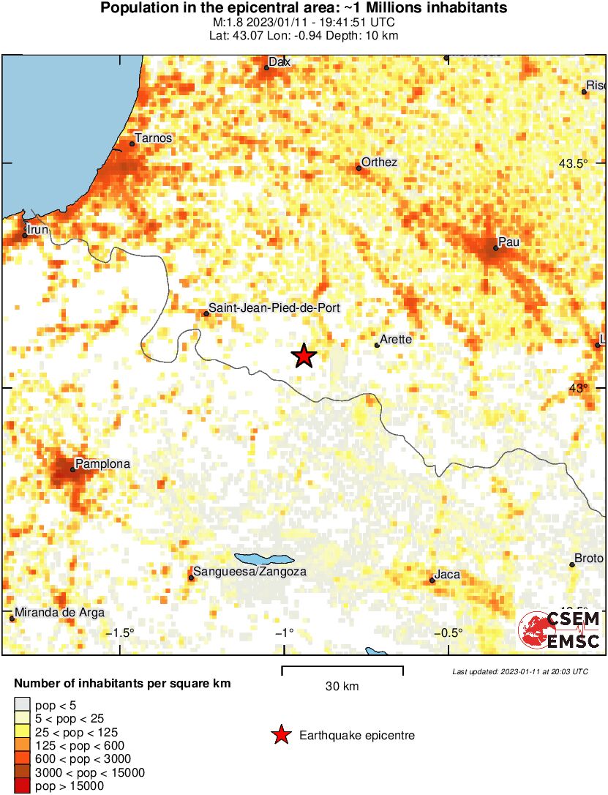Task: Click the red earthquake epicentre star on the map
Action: (x=304, y=357)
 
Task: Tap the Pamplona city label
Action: (x=103, y=464)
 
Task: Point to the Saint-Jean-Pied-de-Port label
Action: (x=274, y=308)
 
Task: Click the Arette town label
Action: (x=397, y=339)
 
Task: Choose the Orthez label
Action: (x=380, y=162)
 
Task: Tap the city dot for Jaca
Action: (x=432, y=581)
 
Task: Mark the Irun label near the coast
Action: (x=38, y=230)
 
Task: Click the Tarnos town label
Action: (x=154, y=138)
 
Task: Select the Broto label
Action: (x=589, y=559)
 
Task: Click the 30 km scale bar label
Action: (x=342, y=686)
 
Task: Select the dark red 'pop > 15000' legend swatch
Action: (x=22, y=785)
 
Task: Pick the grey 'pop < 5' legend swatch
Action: (x=22, y=706)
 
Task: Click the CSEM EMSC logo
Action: (x=559, y=630)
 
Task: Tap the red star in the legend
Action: (x=280, y=735)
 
